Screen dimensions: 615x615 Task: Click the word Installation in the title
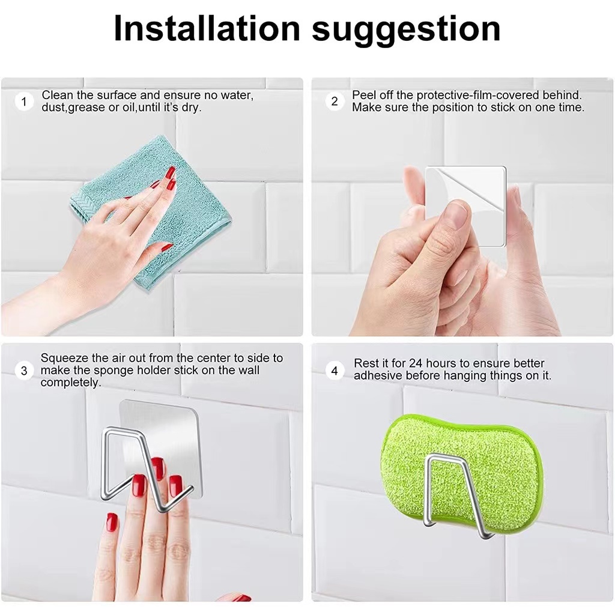pos(207,28)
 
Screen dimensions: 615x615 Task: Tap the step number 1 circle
pos(24,101)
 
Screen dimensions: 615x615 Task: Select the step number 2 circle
pos(334,101)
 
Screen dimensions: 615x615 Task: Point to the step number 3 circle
pos(24,371)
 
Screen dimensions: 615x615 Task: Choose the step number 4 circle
pos(334,371)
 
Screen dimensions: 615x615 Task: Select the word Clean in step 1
pos(58,95)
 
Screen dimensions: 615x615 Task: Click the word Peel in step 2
pos(363,95)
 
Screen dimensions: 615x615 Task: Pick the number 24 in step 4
pos(416,363)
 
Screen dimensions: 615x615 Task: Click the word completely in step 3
pos(71,383)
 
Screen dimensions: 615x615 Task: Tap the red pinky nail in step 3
pos(112,522)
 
